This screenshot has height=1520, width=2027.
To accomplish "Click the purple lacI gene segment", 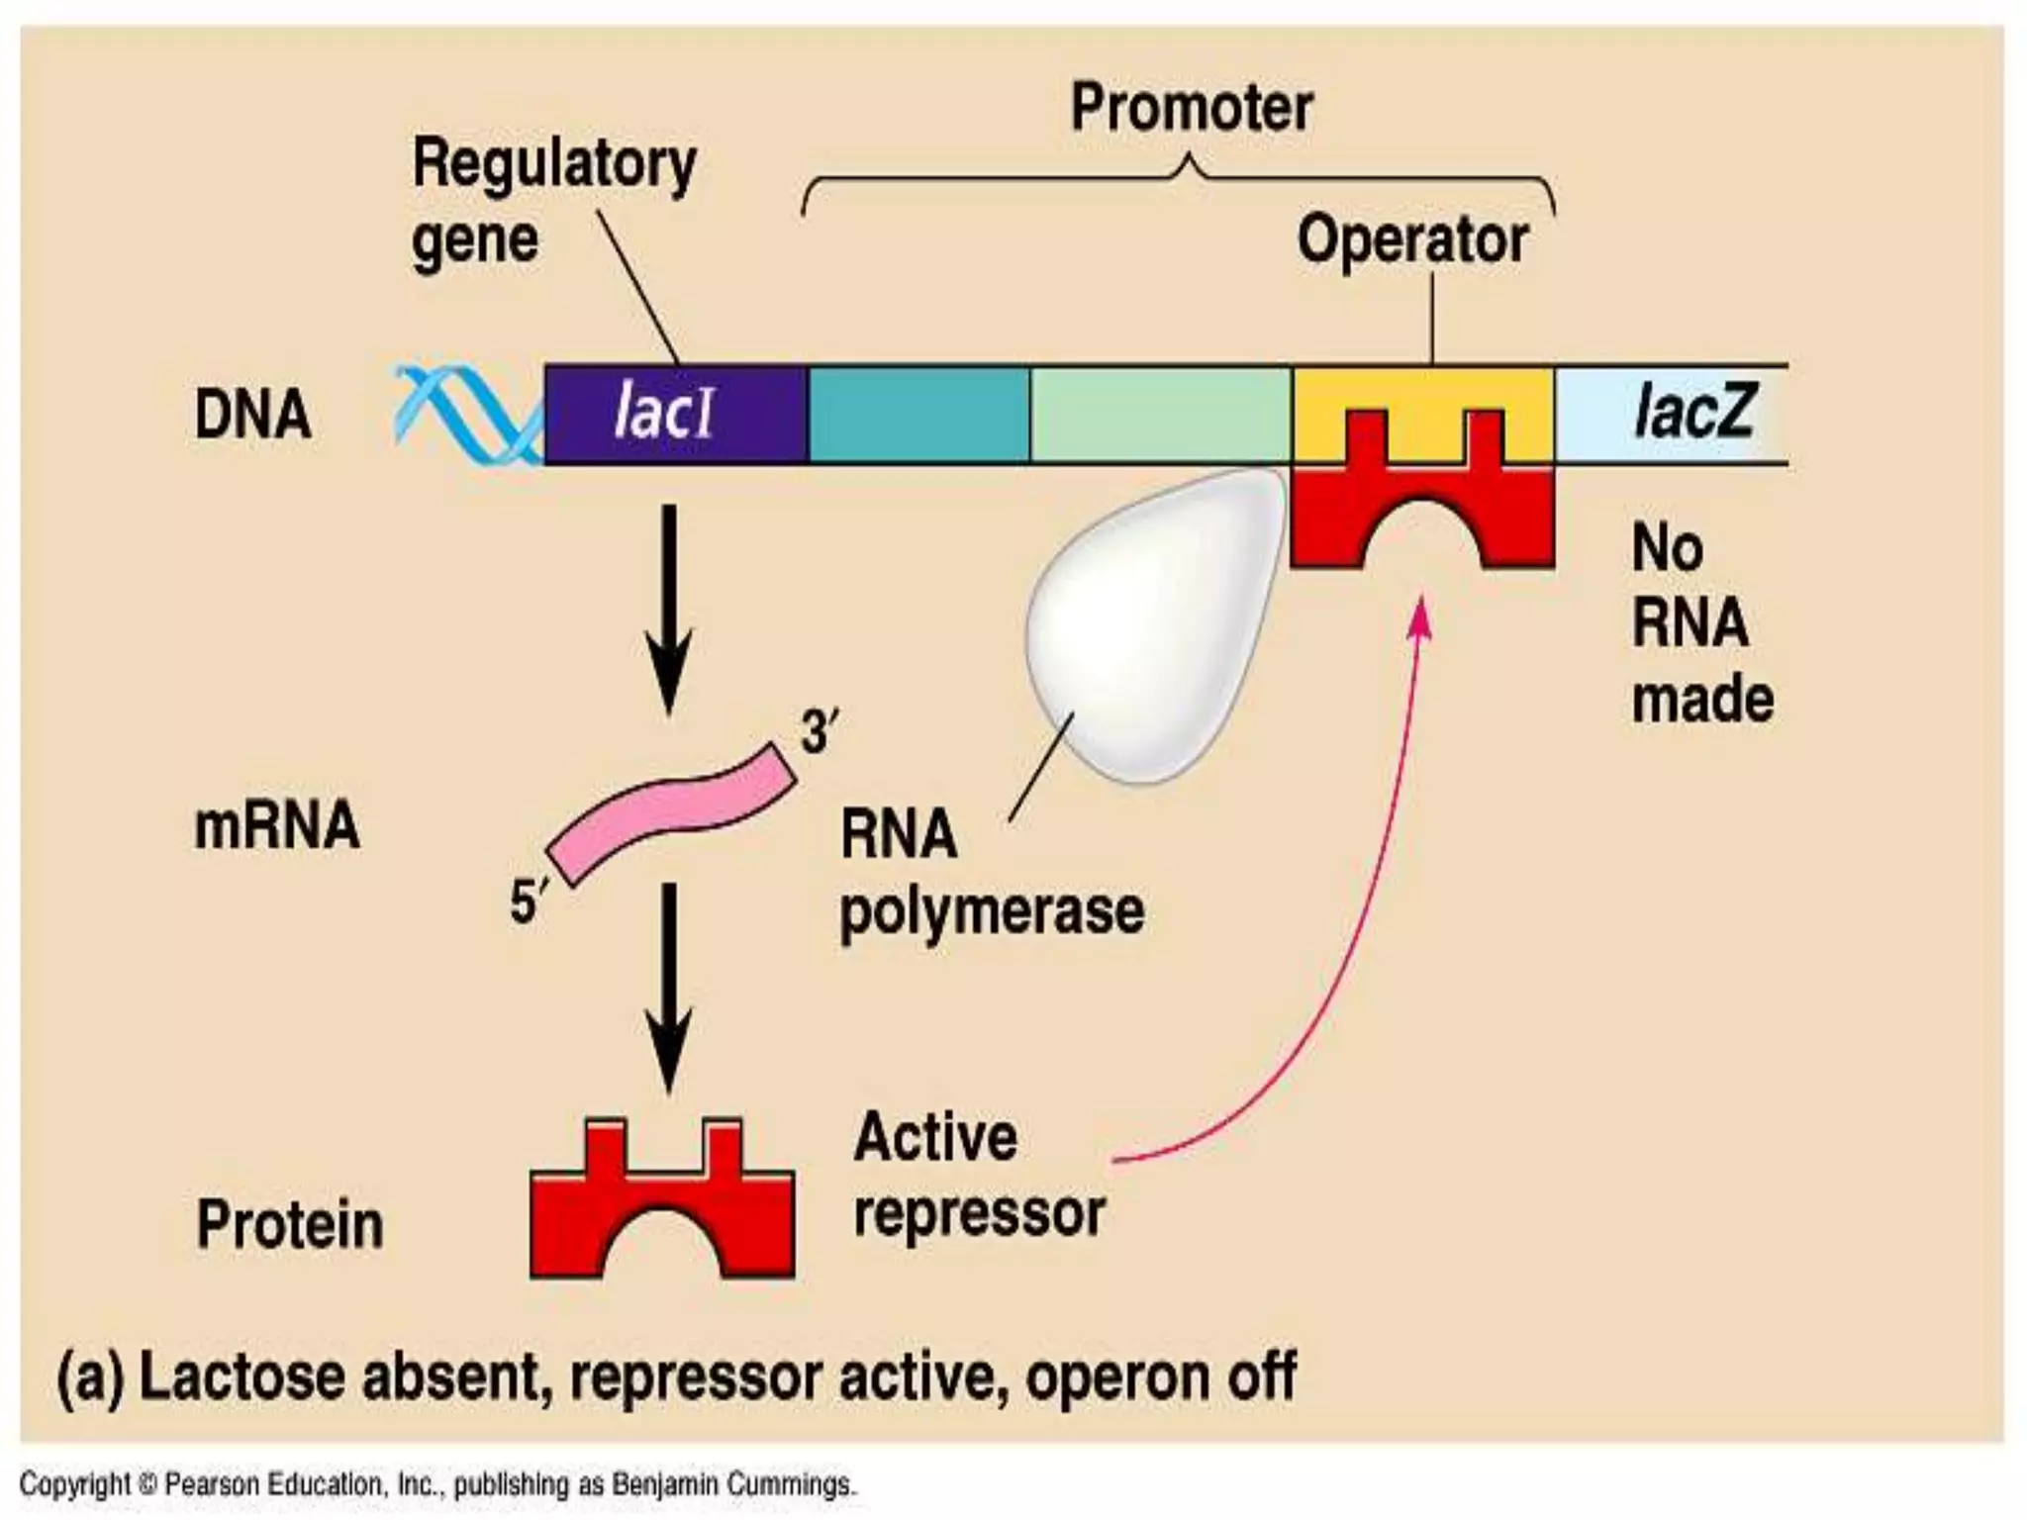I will pyautogui.click(x=675, y=414).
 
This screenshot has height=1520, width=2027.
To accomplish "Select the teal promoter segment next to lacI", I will pyautogui.click(x=918, y=414).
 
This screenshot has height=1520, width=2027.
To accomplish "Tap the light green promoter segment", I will pyautogui.click(x=1160, y=414).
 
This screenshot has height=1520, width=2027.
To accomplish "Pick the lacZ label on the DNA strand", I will pyautogui.click(x=1692, y=412).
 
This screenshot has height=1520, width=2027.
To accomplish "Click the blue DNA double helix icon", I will pyautogui.click(x=465, y=414).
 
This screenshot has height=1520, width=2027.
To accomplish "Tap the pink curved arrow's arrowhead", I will pyautogui.click(x=1421, y=614).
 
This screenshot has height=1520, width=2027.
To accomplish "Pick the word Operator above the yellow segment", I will pyautogui.click(x=1412, y=239).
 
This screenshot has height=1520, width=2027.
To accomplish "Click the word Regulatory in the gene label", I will pyautogui.click(x=554, y=163).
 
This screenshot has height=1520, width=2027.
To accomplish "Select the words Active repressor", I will pyautogui.click(x=978, y=1175).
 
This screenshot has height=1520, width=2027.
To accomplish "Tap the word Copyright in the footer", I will pyautogui.click(x=75, y=1484).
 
